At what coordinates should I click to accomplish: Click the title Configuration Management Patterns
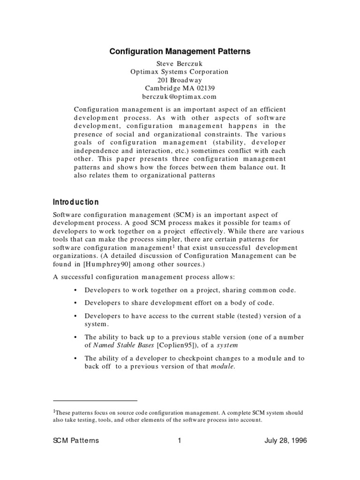pyautogui.click(x=180, y=52)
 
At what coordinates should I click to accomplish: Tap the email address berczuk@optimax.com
pyautogui.click(x=180, y=97)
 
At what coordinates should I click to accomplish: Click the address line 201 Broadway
pyautogui.click(x=180, y=80)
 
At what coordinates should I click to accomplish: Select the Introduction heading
pyautogui.click(x=75, y=202)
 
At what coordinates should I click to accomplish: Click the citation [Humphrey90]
pyautogui.click(x=96, y=264)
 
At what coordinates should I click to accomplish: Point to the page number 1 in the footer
pyautogui.click(x=180, y=441)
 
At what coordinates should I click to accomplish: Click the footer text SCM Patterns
pyautogui.click(x=75, y=441)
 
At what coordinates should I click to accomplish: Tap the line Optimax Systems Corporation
pyautogui.click(x=180, y=72)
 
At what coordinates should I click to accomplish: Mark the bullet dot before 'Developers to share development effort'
pyautogui.click(x=76, y=303)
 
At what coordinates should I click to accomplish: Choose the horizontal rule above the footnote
pyautogui.click(x=95, y=401)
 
